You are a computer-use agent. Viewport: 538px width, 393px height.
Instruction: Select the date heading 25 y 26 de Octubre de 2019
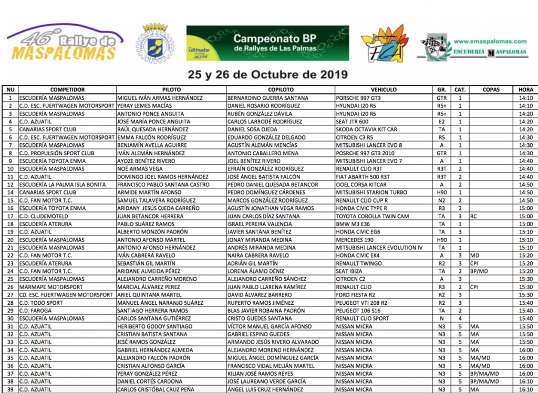268,74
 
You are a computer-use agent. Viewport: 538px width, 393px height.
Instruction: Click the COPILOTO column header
281,90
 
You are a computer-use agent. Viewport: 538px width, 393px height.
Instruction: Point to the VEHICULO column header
384,90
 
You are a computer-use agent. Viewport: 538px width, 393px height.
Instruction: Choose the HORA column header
525,90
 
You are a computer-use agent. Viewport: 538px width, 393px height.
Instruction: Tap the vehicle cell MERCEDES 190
355,239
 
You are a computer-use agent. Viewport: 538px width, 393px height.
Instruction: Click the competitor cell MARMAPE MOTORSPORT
51,287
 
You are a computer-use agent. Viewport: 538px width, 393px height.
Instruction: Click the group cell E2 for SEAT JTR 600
441,121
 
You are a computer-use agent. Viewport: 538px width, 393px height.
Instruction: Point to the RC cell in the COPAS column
474,216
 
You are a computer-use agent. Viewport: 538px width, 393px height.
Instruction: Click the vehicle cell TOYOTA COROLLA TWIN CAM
372,216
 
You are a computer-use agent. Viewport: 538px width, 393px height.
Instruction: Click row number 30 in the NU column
10,318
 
